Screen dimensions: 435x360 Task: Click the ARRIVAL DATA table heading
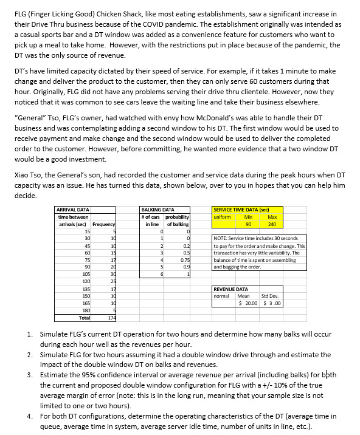pyautogui.click(x=72, y=209)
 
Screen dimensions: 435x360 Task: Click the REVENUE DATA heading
pyautogui.click(x=230, y=289)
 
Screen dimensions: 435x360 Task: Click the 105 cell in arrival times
pyautogui.click(x=86, y=275)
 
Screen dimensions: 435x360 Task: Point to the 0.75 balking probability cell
pyautogui.click(x=185, y=260)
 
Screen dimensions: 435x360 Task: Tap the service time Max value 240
pyautogui.click(x=272, y=224)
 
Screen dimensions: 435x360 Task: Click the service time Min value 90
pyautogui.click(x=248, y=224)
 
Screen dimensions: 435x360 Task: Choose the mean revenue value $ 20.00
pyautogui.click(x=248, y=303)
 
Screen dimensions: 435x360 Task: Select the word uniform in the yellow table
pyautogui.click(x=222, y=216)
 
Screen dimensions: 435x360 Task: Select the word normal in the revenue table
pyautogui.click(x=221, y=296)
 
